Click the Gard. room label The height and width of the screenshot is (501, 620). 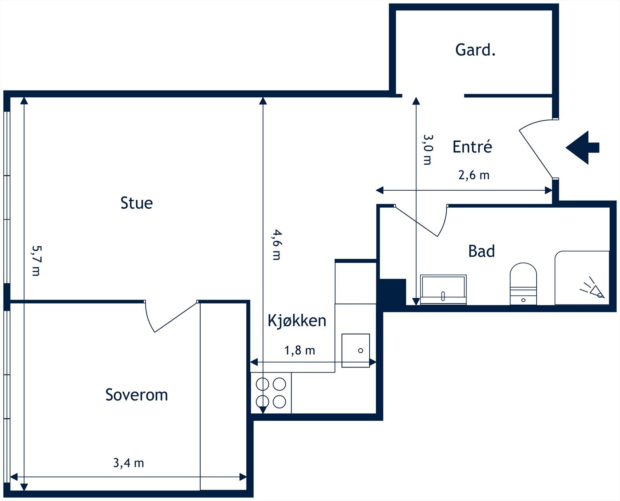(x=475, y=50)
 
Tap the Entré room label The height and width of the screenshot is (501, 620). (x=472, y=147)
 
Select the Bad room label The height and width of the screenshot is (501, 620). (x=481, y=251)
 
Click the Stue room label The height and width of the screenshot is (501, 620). (x=136, y=203)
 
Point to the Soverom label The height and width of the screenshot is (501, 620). (x=136, y=395)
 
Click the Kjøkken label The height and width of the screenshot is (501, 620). (x=297, y=321)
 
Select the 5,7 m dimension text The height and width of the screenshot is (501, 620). (x=36, y=260)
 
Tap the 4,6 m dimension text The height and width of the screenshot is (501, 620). (x=276, y=244)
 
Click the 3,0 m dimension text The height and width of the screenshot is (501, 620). (x=427, y=149)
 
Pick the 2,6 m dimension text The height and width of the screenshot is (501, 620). (x=474, y=175)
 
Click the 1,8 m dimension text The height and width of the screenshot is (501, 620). (x=300, y=350)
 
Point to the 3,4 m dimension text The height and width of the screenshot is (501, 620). (x=128, y=463)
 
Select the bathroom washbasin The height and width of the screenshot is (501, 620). (x=443, y=290)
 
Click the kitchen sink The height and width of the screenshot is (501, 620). (x=355, y=350)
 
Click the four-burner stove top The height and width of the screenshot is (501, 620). (x=271, y=393)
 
